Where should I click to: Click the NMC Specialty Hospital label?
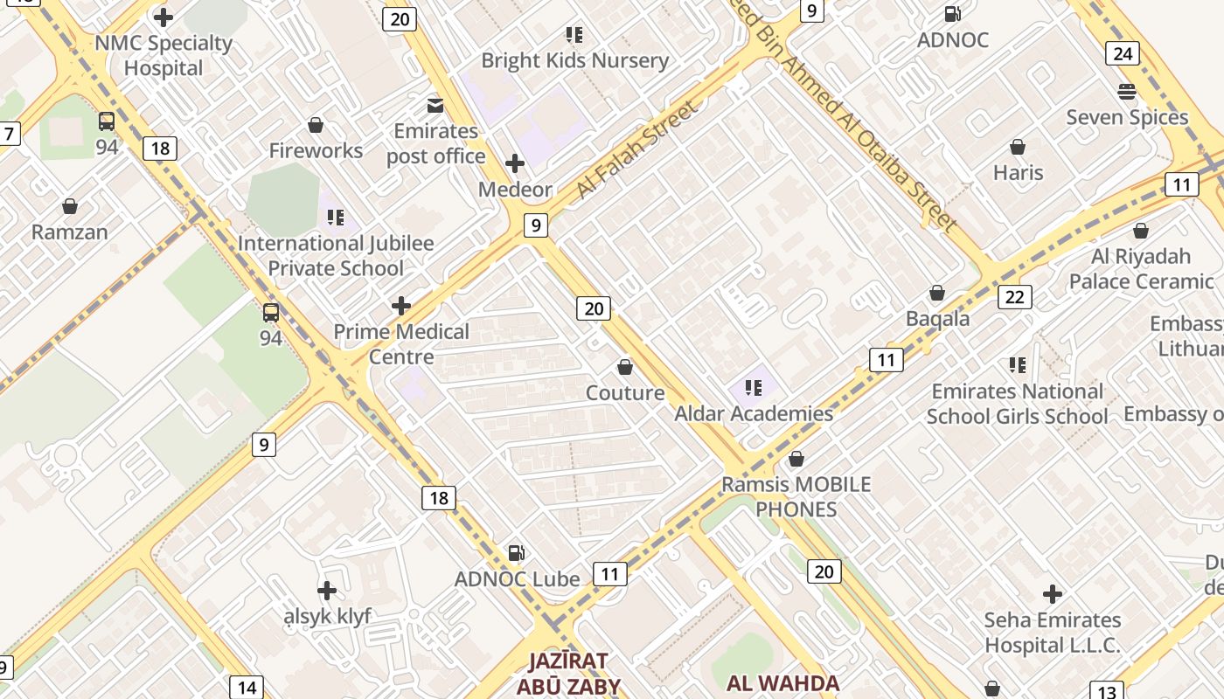(x=163, y=55)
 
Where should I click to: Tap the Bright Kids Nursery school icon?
(x=574, y=35)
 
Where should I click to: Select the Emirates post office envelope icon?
(x=435, y=106)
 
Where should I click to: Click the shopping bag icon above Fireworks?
(x=316, y=126)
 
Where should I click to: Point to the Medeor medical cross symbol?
(x=515, y=163)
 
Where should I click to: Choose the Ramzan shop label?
(x=70, y=232)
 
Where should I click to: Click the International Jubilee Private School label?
(x=336, y=255)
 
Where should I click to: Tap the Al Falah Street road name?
(x=637, y=149)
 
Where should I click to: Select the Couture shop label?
(x=625, y=392)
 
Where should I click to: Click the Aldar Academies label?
(x=754, y=413)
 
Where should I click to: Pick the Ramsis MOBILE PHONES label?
(x=796, y=496)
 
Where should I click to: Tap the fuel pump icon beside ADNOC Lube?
(x=517, y=552)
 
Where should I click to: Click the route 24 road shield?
(x=1123, y=53)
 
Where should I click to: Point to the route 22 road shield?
(x=1014, y=297)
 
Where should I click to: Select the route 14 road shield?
(x=247, y=688)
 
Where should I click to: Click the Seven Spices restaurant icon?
(x=1127, y=92)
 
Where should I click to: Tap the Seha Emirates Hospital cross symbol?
(x=1053, y=595)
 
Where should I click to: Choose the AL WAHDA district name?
(x=782, y=683)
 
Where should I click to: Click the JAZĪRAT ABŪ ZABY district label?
(x=567, y=673)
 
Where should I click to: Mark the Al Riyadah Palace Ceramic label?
(x=1141, y=268)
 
